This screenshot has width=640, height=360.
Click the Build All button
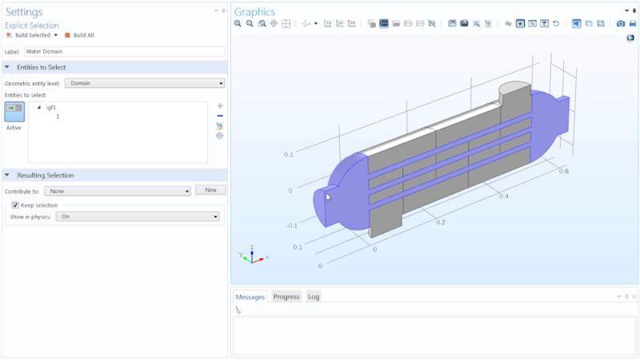(82, 35)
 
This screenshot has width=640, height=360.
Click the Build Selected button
(32, 35)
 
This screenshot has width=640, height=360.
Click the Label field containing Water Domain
(124, 51)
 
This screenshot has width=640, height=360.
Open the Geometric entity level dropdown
(144, 83)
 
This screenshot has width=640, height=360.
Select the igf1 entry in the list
(51, 107)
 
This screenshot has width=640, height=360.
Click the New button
(211, 190)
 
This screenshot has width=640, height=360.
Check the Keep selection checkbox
(15, 205)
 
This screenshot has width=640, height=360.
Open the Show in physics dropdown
(138, 216)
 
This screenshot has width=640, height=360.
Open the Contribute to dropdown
(118, 191)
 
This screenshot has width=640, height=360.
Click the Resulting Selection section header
(45, 175)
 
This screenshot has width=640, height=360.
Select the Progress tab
(286, 297)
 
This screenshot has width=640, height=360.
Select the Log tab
(314, 297)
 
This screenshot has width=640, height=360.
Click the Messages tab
(250, 297)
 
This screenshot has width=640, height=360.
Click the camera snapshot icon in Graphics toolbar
(620, 24)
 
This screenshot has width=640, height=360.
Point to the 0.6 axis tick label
(563, 171)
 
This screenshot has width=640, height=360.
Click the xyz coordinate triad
(253, 255)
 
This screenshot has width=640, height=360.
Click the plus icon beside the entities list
(220, 106)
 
